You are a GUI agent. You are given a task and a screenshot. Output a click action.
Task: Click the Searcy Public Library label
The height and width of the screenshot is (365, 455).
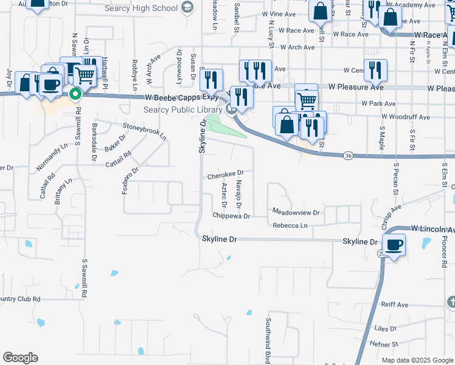click(x=182, y=109)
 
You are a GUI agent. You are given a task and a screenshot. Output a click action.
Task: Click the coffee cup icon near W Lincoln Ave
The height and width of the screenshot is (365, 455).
click(x=395, y=245)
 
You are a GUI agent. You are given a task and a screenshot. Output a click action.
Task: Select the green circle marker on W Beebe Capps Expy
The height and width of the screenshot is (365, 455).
click(x=75, y=94)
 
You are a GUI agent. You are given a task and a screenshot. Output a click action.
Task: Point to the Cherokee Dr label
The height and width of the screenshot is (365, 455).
click(x=226, y=175)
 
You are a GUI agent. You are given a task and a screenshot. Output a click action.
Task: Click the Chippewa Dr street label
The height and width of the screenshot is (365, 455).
click(x=231, y=216)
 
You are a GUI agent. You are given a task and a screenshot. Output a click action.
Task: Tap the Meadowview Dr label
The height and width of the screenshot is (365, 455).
click(x=296, y=213)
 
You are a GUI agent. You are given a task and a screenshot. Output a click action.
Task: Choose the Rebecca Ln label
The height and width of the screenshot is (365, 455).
click(x=290, y=226)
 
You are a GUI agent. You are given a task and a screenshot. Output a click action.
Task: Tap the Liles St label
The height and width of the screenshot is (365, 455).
click(x=385, y=328)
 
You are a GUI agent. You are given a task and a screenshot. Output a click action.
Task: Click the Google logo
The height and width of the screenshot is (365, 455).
click(x=21, y=358)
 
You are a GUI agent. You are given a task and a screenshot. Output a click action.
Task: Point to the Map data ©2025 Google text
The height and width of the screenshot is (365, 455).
click(x=417, y=360)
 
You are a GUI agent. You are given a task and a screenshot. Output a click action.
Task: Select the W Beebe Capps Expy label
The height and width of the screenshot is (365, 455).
click(x=182, y=97)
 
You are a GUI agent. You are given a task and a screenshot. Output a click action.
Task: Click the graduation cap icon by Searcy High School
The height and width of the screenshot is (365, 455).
click(x=188, y=8)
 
